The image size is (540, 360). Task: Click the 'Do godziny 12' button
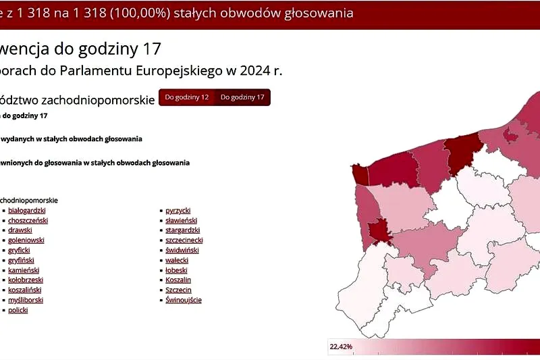tap(187, 97)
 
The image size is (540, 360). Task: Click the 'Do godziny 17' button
tap(242, 97)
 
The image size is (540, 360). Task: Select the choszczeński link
tap(28, 221)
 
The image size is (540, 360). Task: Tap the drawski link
tap(20, 230)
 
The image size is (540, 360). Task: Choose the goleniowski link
tap(26, 240)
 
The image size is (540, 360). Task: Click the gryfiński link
tap(21, 260)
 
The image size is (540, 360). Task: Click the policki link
tap(18, 310)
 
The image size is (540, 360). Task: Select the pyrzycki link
tap(178, 211)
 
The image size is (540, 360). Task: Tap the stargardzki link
tap(183, 230)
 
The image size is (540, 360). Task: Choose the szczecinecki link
tap(184, 240)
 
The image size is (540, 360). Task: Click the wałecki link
tap(177, 260)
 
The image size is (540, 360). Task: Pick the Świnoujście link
tap(184, 300)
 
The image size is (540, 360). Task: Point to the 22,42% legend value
tap(341, 347)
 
